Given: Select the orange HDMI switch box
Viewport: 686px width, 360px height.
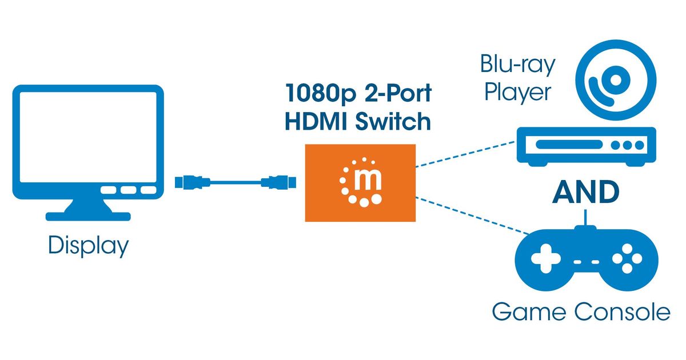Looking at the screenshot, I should coord(361,182).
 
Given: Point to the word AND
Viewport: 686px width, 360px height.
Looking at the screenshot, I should coord(585,193).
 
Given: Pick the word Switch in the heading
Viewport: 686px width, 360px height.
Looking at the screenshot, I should coord(394,122).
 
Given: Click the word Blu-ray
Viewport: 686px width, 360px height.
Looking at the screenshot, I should coord(517,65).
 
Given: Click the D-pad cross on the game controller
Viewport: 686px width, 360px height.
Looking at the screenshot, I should coord(543,261).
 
